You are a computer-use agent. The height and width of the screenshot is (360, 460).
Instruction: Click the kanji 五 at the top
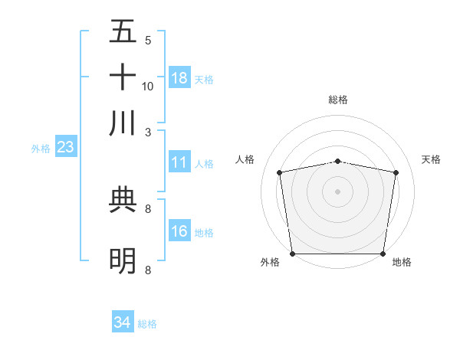123,31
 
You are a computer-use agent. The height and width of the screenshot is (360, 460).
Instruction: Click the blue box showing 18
179,78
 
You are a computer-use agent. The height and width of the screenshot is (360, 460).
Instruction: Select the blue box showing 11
179,162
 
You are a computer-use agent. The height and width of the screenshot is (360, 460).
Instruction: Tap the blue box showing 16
179,232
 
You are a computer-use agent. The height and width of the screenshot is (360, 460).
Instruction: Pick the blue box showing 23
65,148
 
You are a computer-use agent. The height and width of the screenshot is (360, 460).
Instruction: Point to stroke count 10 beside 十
148,86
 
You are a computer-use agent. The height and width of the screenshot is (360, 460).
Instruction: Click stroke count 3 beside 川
148,132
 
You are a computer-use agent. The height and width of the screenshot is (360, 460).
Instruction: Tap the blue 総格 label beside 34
147,324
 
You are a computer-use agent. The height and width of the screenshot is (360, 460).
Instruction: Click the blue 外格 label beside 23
40,149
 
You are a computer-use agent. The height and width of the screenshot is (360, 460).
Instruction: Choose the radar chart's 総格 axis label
338,100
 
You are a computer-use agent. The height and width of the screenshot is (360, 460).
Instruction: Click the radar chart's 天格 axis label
432,159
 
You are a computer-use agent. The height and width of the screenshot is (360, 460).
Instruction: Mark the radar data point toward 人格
280,172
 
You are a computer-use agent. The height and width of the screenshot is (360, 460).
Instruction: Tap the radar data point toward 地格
383,254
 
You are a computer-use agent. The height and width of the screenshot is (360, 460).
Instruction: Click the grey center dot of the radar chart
338,191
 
